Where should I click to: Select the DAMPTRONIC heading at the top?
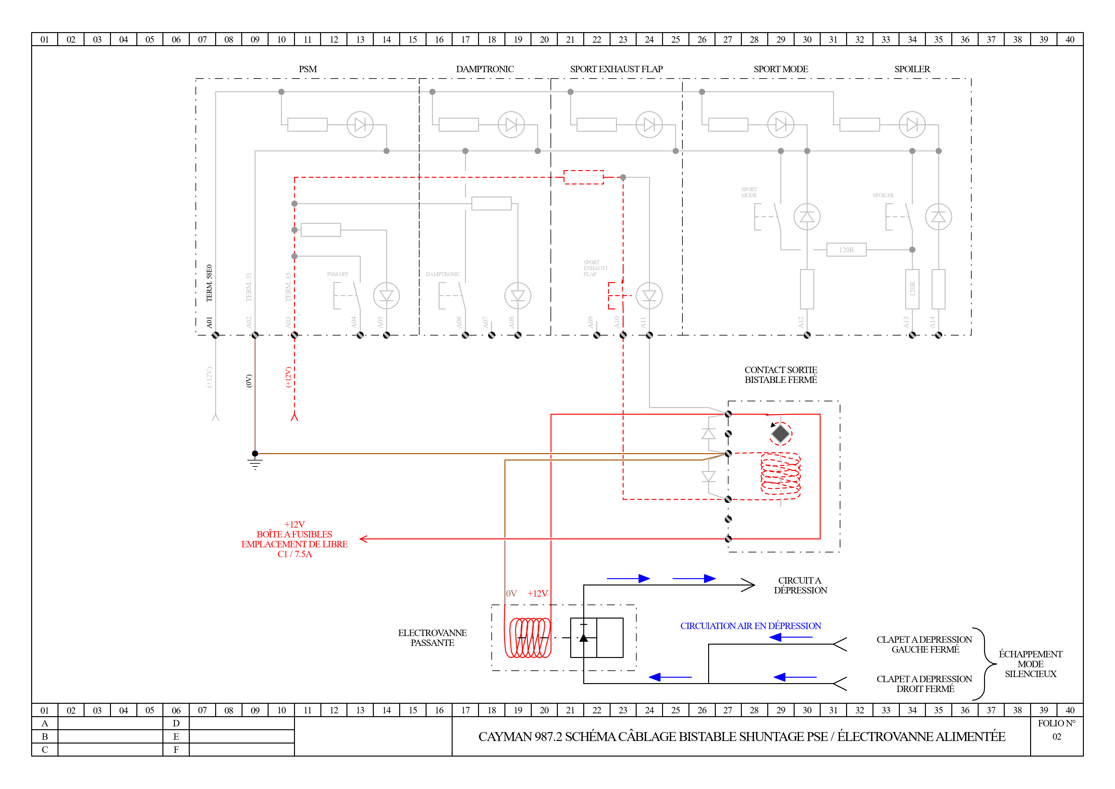485,69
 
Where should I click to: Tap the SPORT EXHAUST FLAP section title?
616,69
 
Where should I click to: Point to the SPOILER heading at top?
912,69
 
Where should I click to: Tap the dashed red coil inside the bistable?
780,476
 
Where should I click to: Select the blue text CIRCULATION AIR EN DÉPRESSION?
750,626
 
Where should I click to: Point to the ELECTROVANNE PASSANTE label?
432,638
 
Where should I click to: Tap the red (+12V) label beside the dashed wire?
288,377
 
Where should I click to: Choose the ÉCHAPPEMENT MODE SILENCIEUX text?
1030,664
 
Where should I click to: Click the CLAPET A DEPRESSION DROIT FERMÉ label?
924,684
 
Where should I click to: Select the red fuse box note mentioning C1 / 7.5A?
294,539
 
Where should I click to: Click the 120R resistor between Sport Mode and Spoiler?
846,250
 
